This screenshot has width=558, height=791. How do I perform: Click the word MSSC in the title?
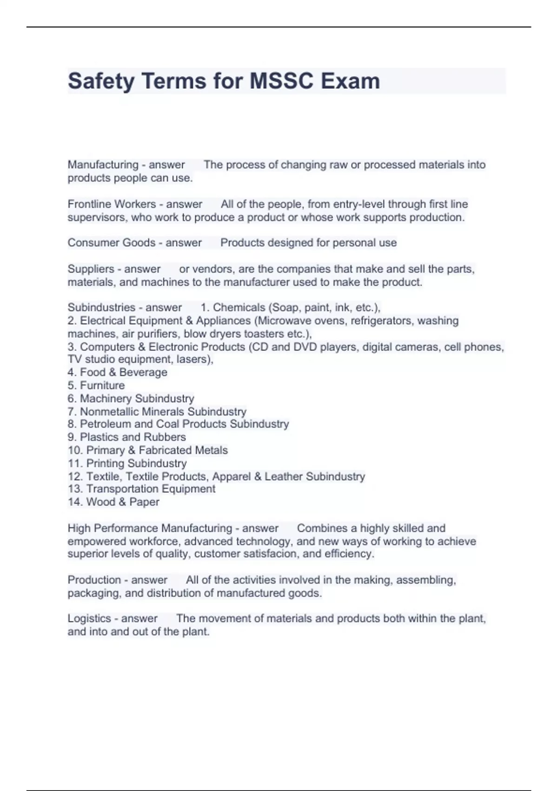[281, 81]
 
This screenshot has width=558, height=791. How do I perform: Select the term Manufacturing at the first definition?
[103, 165]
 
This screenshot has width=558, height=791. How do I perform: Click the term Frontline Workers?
[112, 204]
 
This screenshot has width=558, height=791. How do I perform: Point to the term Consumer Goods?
[111, 243]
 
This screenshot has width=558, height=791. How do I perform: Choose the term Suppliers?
[91, 269]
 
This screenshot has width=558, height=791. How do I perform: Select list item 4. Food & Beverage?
[117, 372]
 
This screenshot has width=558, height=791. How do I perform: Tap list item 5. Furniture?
[96, 385]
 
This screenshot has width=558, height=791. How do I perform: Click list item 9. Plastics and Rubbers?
[126, 437]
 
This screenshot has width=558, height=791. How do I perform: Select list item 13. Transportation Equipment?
[141, 489]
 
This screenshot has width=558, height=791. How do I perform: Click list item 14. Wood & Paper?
[113, 502]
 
